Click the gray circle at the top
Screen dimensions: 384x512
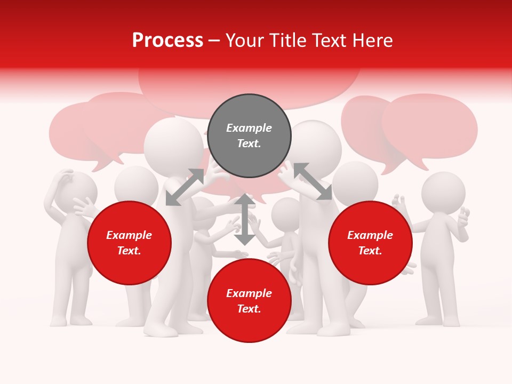pos(249,136)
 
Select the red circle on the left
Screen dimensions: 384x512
pos(129,243)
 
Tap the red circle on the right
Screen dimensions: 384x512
pos(370,243)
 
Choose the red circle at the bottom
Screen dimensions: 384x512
pos(249,301)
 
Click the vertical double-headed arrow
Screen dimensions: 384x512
pos(245,219)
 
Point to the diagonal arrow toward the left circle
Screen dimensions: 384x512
pos(185,187)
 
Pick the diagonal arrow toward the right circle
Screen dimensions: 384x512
pos(313,181)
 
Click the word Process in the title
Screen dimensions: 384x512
pos(167,41)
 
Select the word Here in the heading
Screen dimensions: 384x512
pos(373,41)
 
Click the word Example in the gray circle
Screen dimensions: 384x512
pos(249,128)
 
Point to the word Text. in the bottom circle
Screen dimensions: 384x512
pos(249,309)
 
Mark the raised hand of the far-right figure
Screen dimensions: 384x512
pos(463,216)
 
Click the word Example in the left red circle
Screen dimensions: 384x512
pos(129,235)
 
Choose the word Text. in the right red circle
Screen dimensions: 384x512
pos(370,251)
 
